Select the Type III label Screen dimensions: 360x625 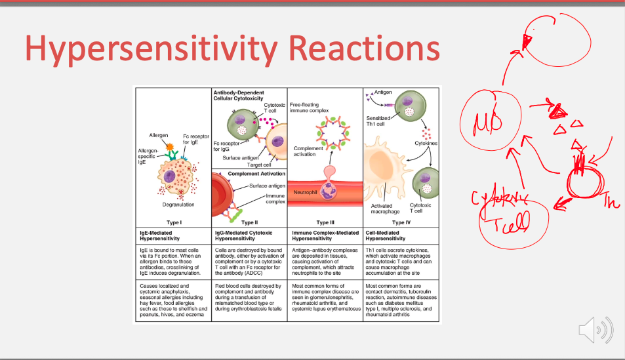pyautogui.click(x=325, y=222)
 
